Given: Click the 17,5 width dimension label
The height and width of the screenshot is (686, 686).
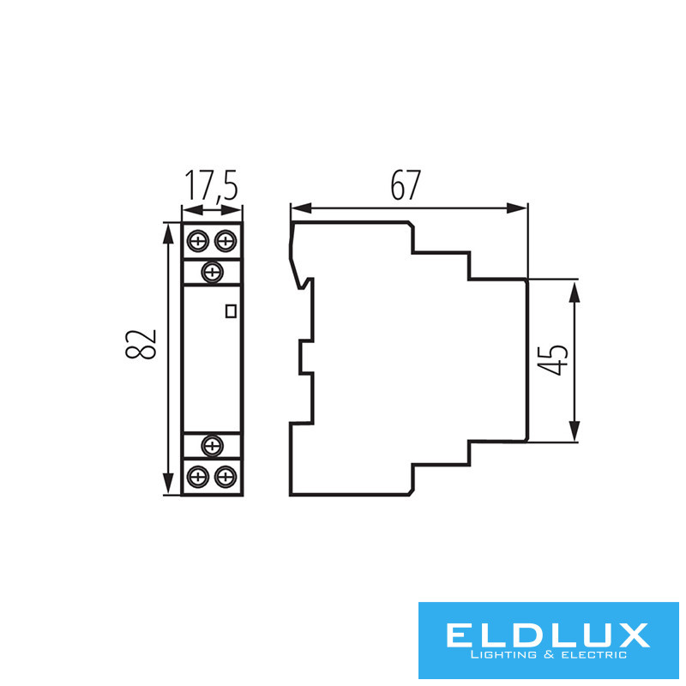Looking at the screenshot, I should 210,186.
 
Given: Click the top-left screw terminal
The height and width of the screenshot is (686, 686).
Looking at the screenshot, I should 198,241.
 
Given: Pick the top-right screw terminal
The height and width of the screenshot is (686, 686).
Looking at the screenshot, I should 226,241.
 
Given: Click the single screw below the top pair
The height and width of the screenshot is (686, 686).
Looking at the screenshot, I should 212,273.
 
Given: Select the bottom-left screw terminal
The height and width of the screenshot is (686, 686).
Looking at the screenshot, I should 198,476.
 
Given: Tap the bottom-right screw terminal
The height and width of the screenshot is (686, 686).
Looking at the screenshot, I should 226,476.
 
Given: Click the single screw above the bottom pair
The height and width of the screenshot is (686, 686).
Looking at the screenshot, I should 212,444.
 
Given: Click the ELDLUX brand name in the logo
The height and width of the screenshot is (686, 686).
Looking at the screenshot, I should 548,635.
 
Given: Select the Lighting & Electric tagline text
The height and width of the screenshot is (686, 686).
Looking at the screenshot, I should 548,656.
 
